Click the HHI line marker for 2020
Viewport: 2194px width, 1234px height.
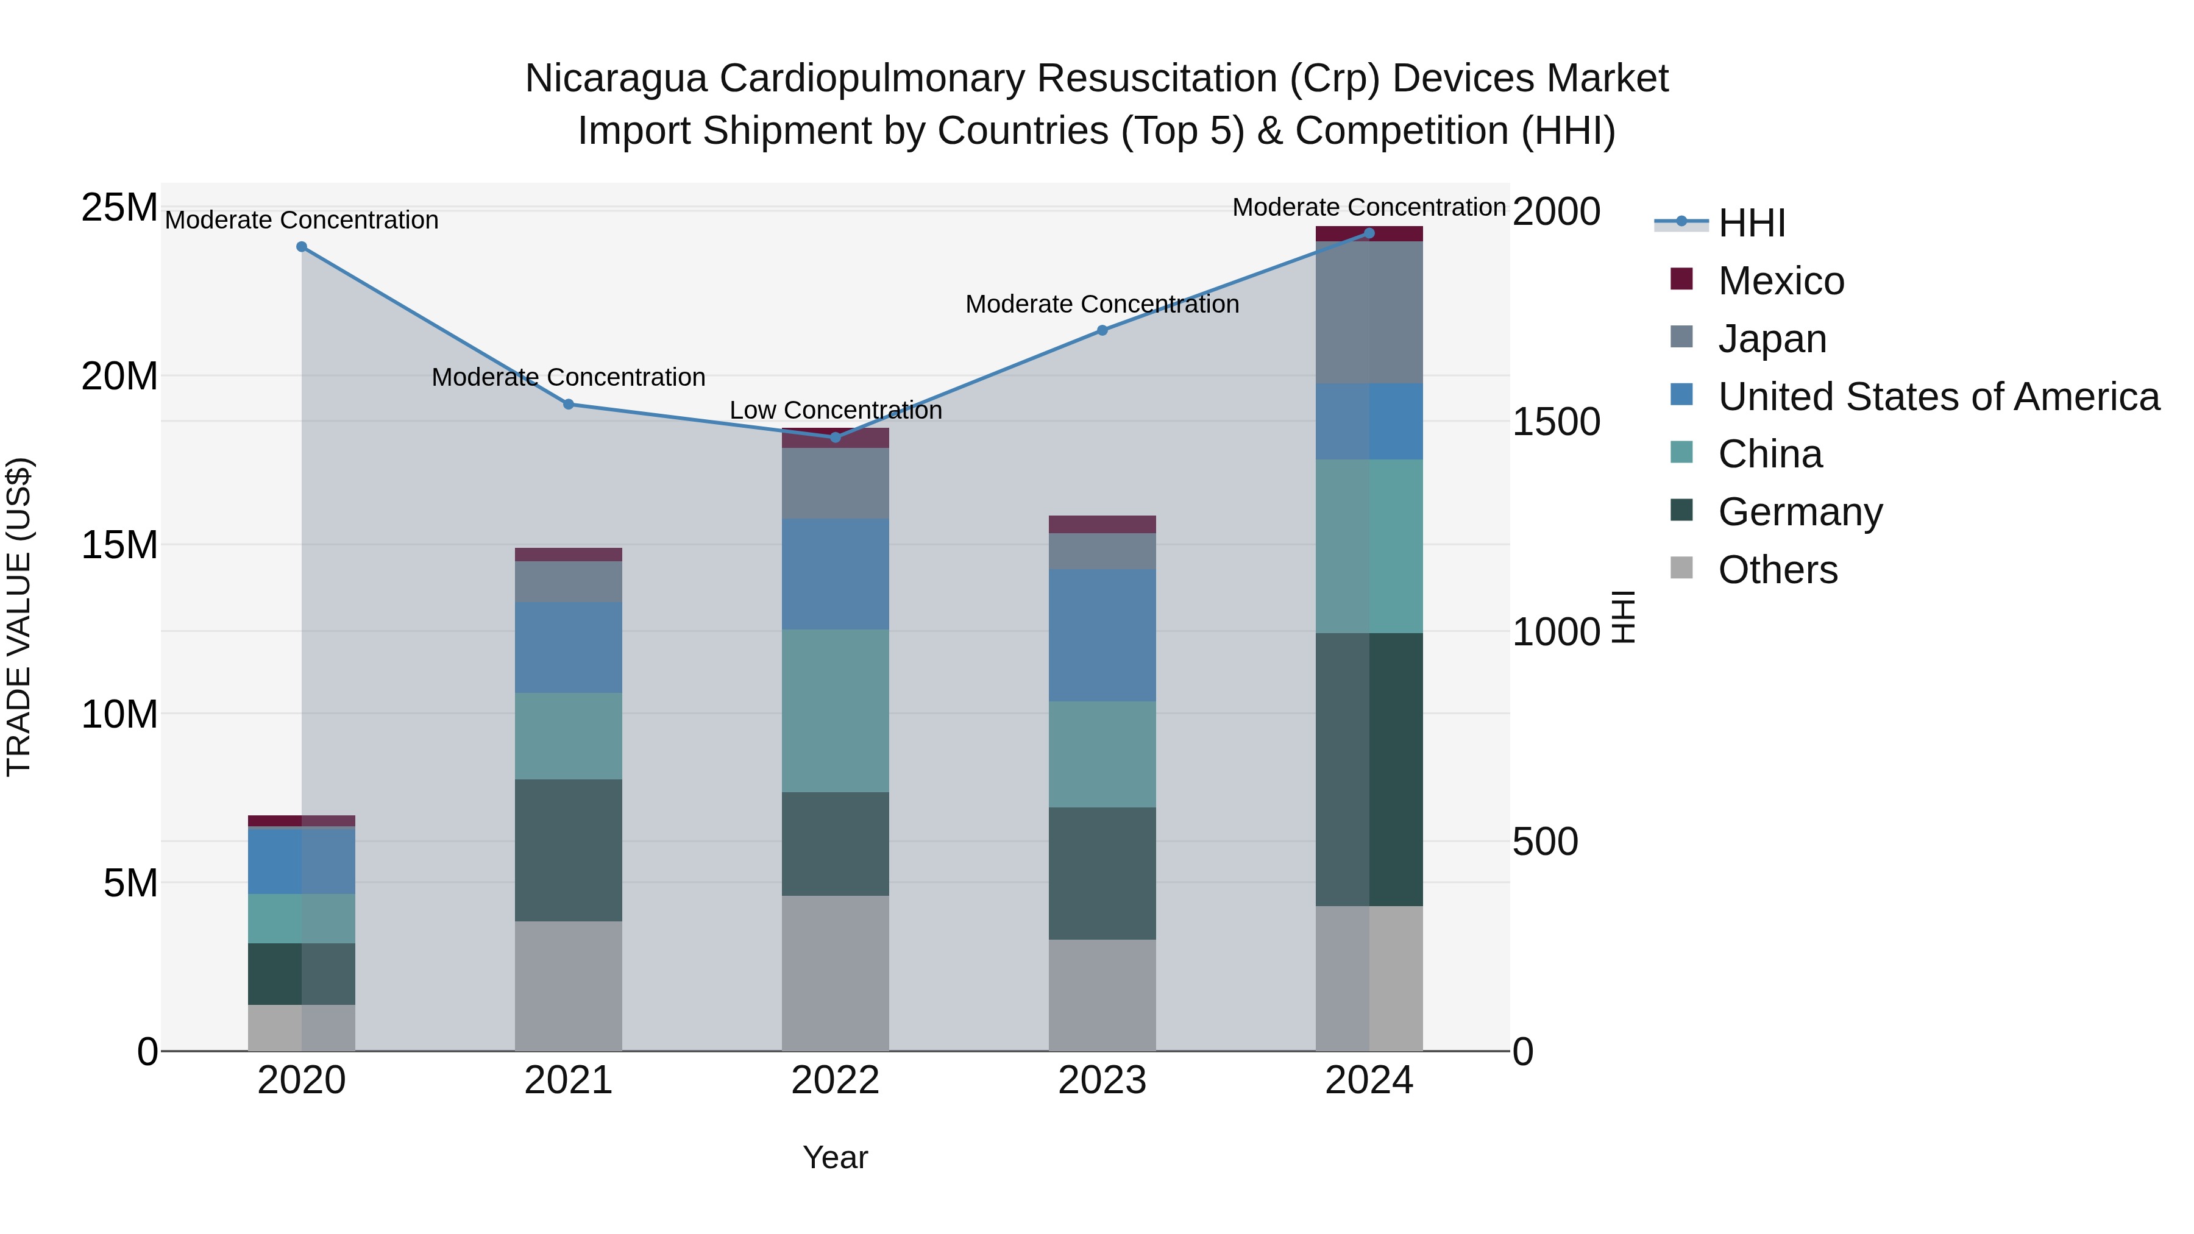(302, 247)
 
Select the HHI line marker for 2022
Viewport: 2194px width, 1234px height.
(836, 437)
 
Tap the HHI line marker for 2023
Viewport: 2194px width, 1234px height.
(1102, 330)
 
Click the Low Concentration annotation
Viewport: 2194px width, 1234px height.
(836, 411)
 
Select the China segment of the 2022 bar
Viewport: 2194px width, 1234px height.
(836, 711)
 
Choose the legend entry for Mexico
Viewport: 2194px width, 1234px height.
(1780, 281)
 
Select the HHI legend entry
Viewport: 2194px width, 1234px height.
(1751, 223)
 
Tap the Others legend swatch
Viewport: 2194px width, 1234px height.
(1681, 567)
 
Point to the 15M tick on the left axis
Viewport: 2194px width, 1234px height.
(119, 545)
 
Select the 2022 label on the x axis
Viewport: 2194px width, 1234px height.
(836, 1080)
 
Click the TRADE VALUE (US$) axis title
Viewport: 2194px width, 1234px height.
(19, 617)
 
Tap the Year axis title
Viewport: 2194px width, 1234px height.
(836, 1157)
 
